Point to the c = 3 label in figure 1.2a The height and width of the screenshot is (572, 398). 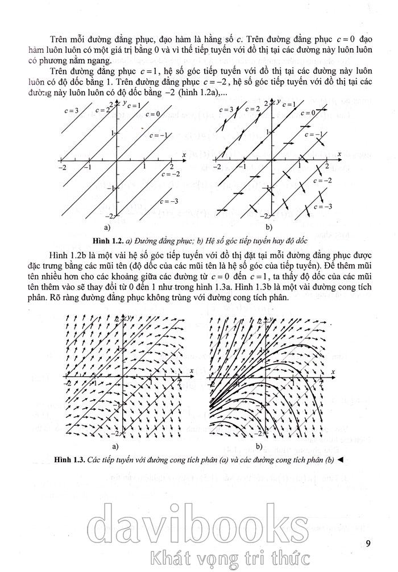[x=73, y=110]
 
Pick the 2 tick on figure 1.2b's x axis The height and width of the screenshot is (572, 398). [x=326, y=165]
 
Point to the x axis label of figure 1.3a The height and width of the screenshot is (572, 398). [x=192, y=370]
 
